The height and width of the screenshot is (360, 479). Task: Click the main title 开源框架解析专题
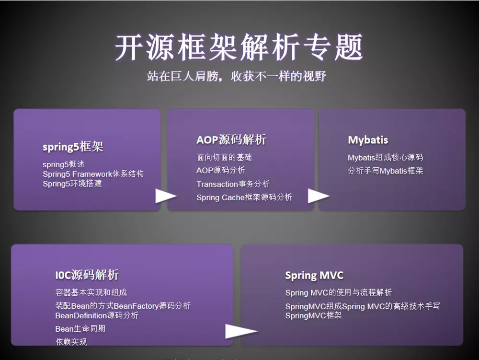pos(239,47)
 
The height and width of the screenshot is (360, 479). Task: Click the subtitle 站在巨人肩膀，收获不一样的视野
pos(236,76)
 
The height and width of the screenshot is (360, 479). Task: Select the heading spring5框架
pos(73,147)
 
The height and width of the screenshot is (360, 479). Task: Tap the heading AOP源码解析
pos(231,140)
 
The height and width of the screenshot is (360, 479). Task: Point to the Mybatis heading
pos(368,140)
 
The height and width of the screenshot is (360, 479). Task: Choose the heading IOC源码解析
pos(87,275)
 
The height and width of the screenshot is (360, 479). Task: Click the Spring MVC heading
pos(314,276)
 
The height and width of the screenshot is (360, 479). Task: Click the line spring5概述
pos(64,164)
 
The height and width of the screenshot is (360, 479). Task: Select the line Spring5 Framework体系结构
pos(93,174)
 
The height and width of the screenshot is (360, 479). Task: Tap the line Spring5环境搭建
pos(72,184)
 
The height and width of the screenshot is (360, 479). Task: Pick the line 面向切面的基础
pos(224,157)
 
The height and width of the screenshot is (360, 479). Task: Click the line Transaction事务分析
pos(233,184)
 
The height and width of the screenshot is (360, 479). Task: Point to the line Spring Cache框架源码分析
pos(244,197)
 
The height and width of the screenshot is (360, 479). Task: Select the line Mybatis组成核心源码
pos(385,157)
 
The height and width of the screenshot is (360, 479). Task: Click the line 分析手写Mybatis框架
pos(385,171)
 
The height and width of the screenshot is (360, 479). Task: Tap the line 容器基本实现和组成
pos(91,292)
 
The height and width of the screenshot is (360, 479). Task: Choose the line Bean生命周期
pos(80,329)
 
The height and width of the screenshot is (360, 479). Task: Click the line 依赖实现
pos(71,342)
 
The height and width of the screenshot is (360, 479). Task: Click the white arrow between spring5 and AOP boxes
pos(166,196)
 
